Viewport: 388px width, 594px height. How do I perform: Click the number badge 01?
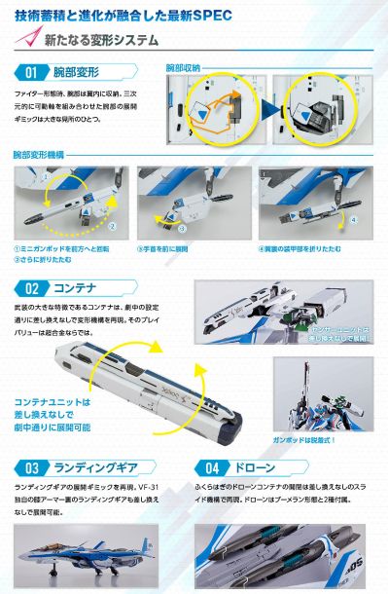click(x=30, y=73)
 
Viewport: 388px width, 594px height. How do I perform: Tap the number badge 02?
click(x=30, y=288)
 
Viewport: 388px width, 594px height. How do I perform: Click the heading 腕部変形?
click(x=79, y=73)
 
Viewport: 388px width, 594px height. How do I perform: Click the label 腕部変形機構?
click(x=40, y=155)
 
